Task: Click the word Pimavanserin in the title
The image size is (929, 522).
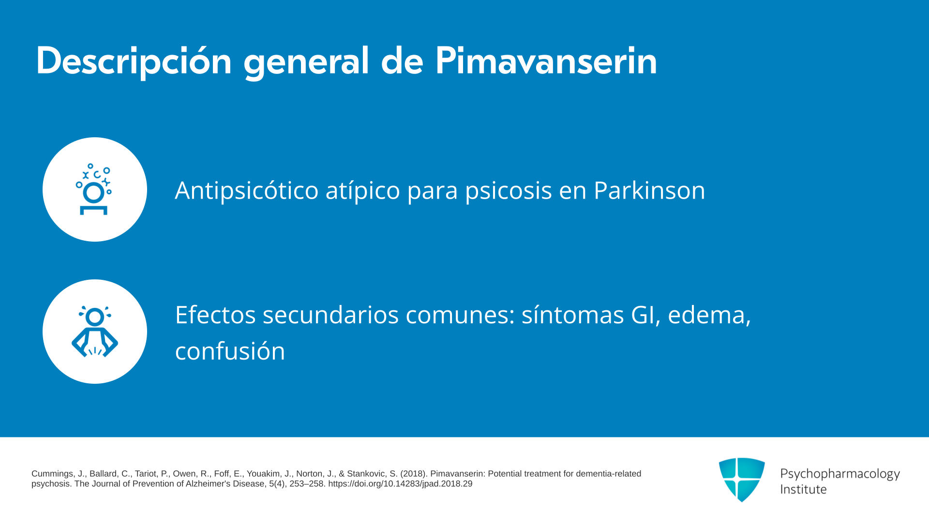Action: [x=546, y=61]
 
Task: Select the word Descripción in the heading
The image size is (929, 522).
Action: [x=134, y=61]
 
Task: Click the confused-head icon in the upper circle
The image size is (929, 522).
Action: [x=94, y=189]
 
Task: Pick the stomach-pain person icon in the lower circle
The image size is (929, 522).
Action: [x=95, y=332]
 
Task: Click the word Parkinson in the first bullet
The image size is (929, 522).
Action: [x=649, y=190]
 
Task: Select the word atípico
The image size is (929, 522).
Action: [x=363, y=190]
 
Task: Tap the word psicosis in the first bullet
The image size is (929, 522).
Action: [x=509, y=190]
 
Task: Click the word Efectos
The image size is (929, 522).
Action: [x=215, y=315]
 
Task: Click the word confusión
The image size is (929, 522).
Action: [x=230, y=350]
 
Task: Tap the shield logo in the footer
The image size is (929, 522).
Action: [x=742, y=479]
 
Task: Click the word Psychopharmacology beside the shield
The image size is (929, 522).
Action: [x=840, y=474]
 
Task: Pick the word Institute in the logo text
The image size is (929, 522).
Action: [x=803, y=489]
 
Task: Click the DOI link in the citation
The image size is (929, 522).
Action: [x=400, y=484]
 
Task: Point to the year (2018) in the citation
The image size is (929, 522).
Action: [x=413, y=474]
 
